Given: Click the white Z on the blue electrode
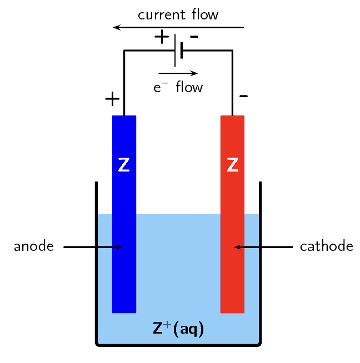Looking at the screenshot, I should tap(124, 165).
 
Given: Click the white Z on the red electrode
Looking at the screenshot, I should tap(233, 165).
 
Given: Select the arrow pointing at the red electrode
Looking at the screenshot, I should tap(247, 247).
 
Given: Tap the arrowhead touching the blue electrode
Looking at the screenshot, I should tap(118, 247).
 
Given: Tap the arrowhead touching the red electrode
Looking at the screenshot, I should tap(238, 247).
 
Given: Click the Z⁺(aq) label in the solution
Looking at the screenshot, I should tap(178, 329).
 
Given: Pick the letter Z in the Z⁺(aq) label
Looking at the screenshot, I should tap(158, 329).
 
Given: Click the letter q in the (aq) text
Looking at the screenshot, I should tap(193, 330).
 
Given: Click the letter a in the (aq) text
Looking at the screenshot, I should tap(183, 330).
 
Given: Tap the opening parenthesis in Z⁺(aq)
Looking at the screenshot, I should tap(176, 329).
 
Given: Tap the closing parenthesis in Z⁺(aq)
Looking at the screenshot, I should tap(201, 329).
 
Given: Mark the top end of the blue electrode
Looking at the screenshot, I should tap(124, 117).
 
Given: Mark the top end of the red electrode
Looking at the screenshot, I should tap(232, 117).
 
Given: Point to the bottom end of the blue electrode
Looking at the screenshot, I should tap(124, 311).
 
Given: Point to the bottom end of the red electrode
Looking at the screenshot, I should tap(232, 311).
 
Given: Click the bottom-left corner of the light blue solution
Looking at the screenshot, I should tap(99, 342).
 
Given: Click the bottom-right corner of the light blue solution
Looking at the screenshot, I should tap(258, 342).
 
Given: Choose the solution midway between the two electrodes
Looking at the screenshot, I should tap(178, 261).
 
